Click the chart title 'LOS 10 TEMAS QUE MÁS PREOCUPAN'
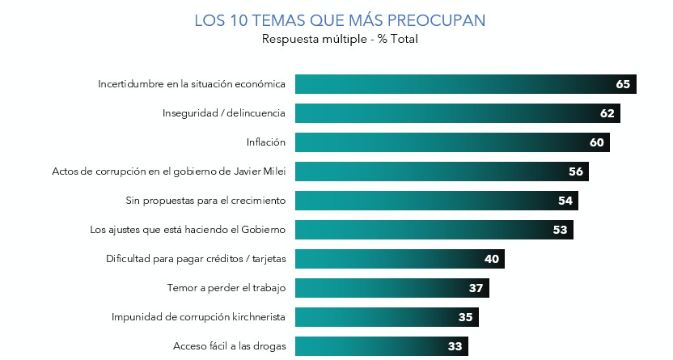pos(340,19)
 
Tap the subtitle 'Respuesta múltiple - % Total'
pos(340,39)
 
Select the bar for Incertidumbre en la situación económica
pos(453,84)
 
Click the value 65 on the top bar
pos(622,84)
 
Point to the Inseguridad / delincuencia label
pos(225,113)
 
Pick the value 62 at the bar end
pos(607,113)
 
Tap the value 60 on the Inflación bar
pos(597,142)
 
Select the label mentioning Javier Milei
pos(169,172)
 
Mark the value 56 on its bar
pos(576,172)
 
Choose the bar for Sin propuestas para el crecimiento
pos(429,201)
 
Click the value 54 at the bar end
pos(565,201)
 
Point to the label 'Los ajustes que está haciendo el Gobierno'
pos(188,230)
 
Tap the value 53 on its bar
pos(560,230)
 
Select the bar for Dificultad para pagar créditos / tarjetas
pos(388,259)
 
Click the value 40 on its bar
pos(492,259)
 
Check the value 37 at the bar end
pos(476,288)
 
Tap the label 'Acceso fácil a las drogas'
pos(230,346)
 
